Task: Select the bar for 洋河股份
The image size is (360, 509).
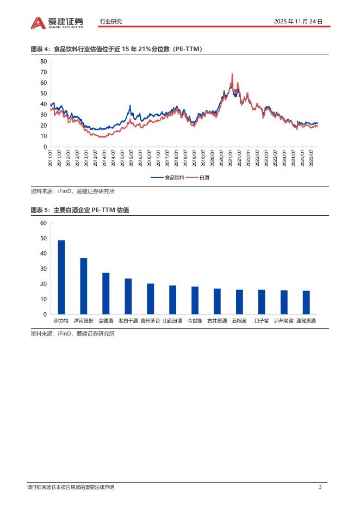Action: tap(84, 286)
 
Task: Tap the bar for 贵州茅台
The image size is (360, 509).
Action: tap(150, 299)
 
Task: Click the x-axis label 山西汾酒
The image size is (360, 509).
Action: tap(172, 321)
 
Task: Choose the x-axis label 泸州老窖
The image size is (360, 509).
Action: tap(284, 321)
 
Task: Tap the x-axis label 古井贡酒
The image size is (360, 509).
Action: tap(217, 321)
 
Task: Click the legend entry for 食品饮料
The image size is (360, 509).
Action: tap(169, 177)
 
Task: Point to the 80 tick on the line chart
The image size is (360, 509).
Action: tap(44, 61)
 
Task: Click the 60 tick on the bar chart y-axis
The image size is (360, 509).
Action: tap(44, 224)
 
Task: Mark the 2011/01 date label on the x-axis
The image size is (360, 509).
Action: tap(51, 158)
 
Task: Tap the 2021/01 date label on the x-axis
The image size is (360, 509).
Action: tap(230, 158)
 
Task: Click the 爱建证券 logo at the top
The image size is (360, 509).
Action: tap(58, 22)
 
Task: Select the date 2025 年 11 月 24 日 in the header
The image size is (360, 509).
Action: tap(299, 22)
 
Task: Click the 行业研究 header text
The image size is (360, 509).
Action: tap(111, 22)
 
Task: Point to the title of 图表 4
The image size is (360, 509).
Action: tap(116, 49)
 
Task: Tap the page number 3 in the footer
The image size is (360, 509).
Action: tap(320, 487)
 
